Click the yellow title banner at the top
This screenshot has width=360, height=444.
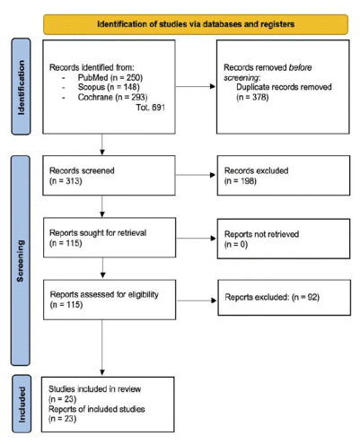[196, 24]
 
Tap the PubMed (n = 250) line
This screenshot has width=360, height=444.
[110, 78]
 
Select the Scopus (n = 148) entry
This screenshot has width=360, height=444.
[109, 87]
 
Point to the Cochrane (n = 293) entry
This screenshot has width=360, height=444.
[112, 97]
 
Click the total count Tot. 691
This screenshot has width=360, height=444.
[151, 108]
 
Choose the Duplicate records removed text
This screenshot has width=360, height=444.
[284, 87]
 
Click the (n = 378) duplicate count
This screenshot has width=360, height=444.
[252, 97]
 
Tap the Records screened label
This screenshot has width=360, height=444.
[82, 170]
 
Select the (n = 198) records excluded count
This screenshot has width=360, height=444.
[241, 181]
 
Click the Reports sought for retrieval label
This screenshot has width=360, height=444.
[98, 233]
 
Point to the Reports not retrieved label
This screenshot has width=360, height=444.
[261, 234]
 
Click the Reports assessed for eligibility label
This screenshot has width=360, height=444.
[104, 294]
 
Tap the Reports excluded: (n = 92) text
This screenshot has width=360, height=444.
[272, 297]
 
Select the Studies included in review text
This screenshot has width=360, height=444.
[94, 389]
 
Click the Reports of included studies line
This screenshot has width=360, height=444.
[97, 409]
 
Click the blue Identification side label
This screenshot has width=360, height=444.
[21, 86]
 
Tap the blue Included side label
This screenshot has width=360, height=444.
[22, 404]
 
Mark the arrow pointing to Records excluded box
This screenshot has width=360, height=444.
[196, 175]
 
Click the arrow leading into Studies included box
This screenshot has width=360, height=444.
[102, 347]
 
